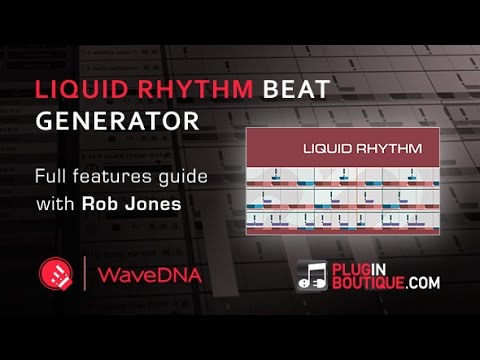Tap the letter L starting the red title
[x=41, y=88]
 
